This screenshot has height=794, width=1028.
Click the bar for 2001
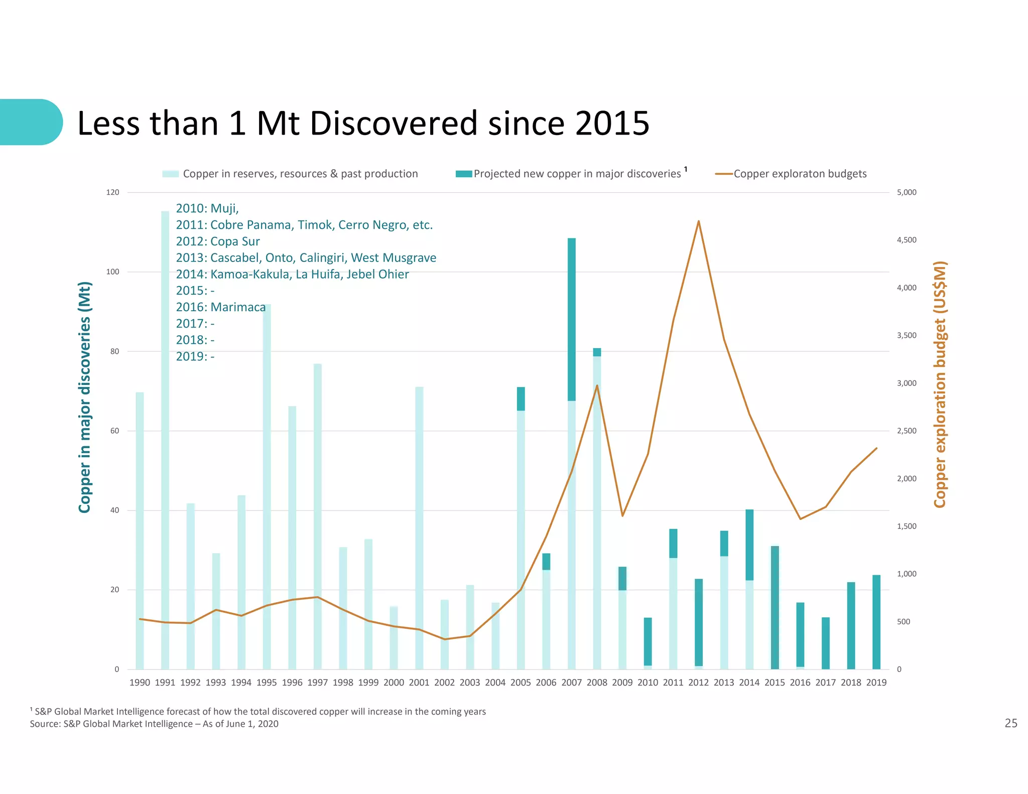pyautogui.click(x=419, y=527)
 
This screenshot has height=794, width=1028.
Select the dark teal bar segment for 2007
pyautogui.click(x=571, y=319)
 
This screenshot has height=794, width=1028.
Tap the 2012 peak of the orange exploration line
pyautogui.click(x=698, y=221)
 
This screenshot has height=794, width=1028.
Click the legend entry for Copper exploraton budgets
pyautogui.click(x=800, y=174)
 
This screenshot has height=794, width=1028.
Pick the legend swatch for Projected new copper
pyautogui.click(x=463, y=174)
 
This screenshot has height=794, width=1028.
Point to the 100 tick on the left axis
pyautogui.click(x=112, y=272)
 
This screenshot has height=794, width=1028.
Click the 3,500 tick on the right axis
pyautogui.click(x=907, y=335)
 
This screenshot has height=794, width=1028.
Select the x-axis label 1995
pyautogui.click(x=267, y=683)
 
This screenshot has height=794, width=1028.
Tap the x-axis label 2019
pyautogui.click(x=876, y=683)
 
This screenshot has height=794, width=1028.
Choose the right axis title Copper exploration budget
pyautogui.click(x=940, y=384)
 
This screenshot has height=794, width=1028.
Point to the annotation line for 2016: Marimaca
pyautogui.click(x=220, y=307)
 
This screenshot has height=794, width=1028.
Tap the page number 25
pyautogui.click(x=1010, y=723)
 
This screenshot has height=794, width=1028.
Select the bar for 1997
pyautogui.click(x=317, y=517)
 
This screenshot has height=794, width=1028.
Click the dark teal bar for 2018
pyautogui.click(x=851, y=625)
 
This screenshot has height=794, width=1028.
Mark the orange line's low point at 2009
pyautogui.click(x=622, y=515)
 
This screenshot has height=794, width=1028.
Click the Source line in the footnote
pyautogui.click(x=154, y=724)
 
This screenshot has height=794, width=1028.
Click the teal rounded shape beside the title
pyautogui.click(x=30, y=122)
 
